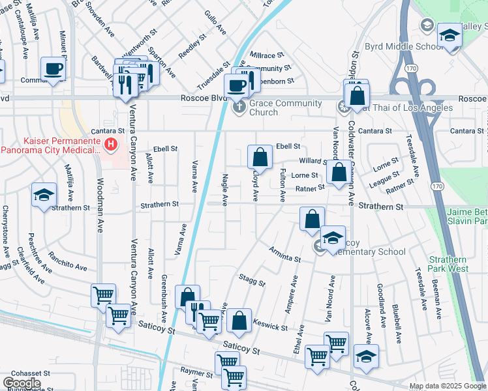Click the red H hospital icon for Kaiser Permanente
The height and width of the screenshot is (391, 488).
click(111, 144)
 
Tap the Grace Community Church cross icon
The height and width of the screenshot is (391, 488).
click(239, 106)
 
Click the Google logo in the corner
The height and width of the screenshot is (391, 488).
click(22, 383)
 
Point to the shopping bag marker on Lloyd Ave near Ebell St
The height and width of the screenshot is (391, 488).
click(260, 157)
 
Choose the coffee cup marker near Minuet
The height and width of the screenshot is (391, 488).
click(53, 68)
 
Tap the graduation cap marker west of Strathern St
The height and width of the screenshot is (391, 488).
click(44, 195)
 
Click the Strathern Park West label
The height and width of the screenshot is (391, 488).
click(448, 264)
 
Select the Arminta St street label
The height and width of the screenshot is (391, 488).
click(284, 254)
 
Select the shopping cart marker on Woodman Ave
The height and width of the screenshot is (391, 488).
click(103, 295)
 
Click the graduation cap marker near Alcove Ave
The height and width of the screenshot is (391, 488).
click(366, 356)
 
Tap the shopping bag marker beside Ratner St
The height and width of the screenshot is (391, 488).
click(339, 173)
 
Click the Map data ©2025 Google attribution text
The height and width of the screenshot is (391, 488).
click(448, 386)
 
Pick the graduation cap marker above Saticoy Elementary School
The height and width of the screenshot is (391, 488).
click(333, 237)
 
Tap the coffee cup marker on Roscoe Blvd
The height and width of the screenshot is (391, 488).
click(236, 84)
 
